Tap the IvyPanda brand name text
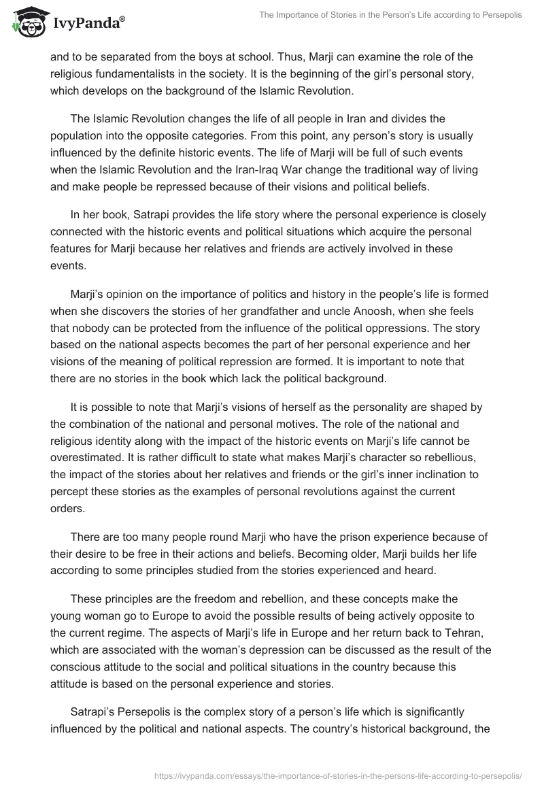pyautogui.click(x=88, y=24)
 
